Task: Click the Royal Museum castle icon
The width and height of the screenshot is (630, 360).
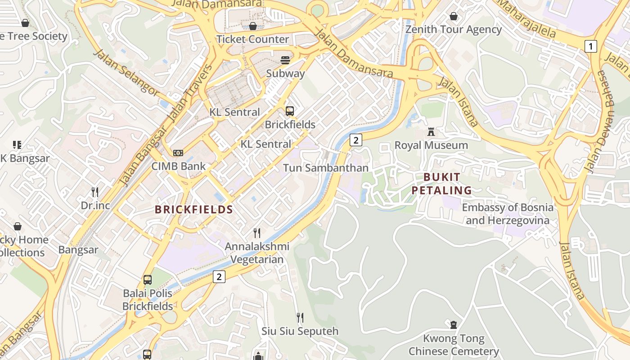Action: click(x=431, y=132)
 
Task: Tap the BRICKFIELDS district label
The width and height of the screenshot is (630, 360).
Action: click(x=194, y=209)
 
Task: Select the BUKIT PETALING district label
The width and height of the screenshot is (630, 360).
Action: click(x=441, y=184)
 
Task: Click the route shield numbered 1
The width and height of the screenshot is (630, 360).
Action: click(x=591, y=46)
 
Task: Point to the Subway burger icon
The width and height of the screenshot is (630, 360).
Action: click(x=285, y=60)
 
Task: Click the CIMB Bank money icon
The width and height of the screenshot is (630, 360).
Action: click(x=178, y=153)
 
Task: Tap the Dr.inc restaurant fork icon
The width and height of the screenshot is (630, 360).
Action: click(x=95, y=192)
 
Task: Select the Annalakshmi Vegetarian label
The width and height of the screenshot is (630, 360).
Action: click(x=257, y=253)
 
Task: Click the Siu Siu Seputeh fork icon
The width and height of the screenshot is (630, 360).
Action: click(x=300, y=318)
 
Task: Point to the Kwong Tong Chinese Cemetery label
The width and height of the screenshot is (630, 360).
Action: click(x=454, y=345)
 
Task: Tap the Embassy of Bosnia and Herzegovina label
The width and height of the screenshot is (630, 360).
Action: click(x=508, y=214)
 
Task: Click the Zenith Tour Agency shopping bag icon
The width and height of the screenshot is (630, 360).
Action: click(x=454, y=16)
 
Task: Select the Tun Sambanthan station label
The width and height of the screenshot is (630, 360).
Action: click(x=326, y=168)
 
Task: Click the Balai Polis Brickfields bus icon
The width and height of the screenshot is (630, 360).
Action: click(x=148, y=280)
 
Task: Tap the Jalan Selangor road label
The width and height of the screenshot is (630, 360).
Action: click(x=126, y=72)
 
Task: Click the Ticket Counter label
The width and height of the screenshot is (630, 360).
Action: click(x=252, y=39)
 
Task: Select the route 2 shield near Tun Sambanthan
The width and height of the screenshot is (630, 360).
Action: click(x=355, y=140)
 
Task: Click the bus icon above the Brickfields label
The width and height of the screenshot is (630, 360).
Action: click(x=290, y=111)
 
